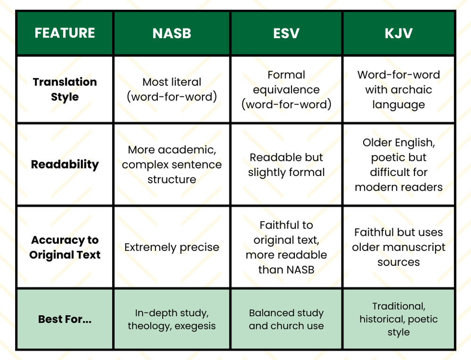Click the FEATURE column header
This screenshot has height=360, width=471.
(65, 33)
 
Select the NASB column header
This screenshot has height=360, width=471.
(171, 33)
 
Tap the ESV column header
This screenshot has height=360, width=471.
(286, 33)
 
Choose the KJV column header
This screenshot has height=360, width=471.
(398, 33)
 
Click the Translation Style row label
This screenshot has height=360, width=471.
(65, 89)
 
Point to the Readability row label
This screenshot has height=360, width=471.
(65, 164)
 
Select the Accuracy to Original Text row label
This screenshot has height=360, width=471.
(65, 248)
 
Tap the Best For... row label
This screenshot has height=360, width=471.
(65, 319)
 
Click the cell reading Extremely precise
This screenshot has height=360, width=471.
(171, 248)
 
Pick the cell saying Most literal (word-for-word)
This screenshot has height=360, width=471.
(171, 89)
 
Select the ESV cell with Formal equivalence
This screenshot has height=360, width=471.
(286, 89)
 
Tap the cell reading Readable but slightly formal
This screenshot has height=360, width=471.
(286, 165)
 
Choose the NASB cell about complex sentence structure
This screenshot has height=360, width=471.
(171, 165)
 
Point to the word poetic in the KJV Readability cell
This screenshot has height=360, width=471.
(387, 157)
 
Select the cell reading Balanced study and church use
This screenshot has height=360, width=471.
(286, 319)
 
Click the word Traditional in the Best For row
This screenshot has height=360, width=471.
(398, 306)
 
